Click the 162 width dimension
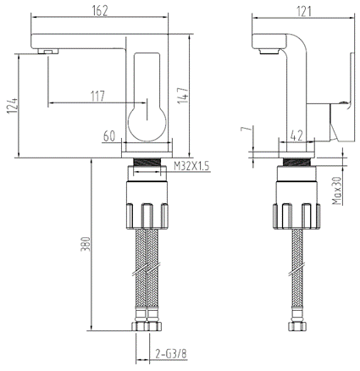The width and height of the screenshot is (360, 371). point(99,11)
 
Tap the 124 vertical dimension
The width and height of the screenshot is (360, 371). point(10,108)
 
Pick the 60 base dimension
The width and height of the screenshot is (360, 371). point(108,136)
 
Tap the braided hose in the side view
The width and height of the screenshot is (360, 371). point(296,271)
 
